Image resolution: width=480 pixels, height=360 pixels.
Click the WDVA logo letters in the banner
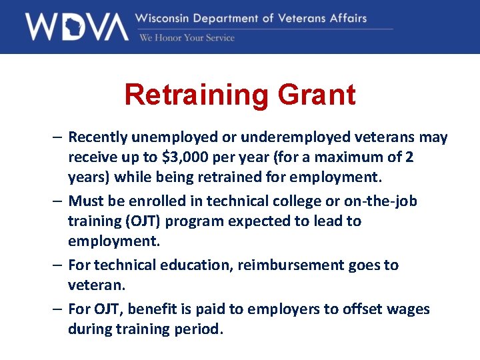pyautogui.click(x=77, y=27)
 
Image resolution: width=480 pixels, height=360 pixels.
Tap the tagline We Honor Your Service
pyautogui.click(x=187, y=38)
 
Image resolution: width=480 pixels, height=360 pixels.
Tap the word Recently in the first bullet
pyautogui.click(x=99, y=137)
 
